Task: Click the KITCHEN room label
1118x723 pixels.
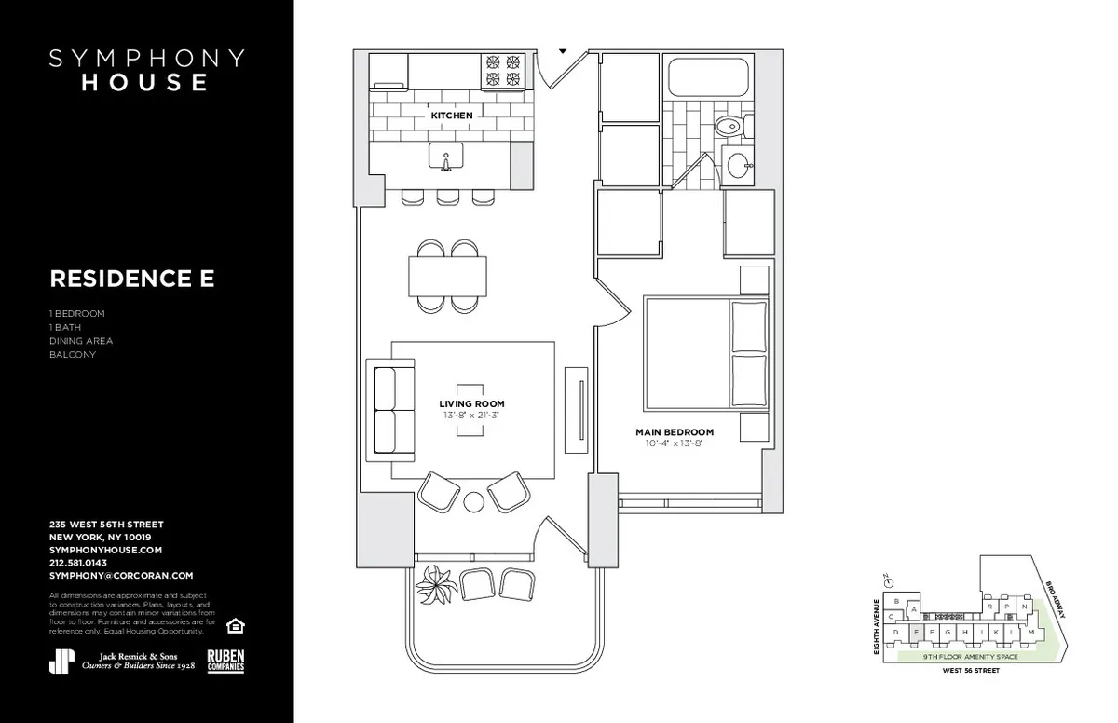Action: pos(451,116)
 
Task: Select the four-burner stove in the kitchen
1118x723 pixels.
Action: pos(503,71)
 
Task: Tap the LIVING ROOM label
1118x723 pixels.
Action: pos(471,403)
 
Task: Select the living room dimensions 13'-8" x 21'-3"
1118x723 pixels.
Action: pos(471,415)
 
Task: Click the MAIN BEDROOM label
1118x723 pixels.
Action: pos(675,432)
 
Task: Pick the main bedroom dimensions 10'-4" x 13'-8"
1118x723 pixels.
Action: pos(675,443)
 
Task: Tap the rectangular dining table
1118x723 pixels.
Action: pos(447,276)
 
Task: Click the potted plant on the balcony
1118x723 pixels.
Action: pos(434,584)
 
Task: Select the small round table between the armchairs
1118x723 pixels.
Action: pos(474,502)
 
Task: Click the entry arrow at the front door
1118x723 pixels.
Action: pos(563,51)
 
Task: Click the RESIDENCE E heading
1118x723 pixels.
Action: pos(131,279)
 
